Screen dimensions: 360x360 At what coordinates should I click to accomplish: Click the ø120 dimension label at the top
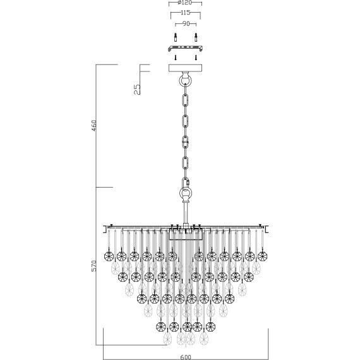tap(185, 3)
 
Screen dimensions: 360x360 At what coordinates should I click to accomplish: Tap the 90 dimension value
tap(185, 24)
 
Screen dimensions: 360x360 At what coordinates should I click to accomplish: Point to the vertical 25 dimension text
tap(138, 88)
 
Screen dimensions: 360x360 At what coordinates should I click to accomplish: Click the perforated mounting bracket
tap(185, 47)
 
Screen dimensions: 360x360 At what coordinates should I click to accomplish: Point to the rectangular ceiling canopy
tap(185, 68)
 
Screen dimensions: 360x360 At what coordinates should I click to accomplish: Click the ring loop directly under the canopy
tap(185, 80)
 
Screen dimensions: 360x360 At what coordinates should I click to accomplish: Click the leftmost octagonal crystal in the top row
tap(107, 256)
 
